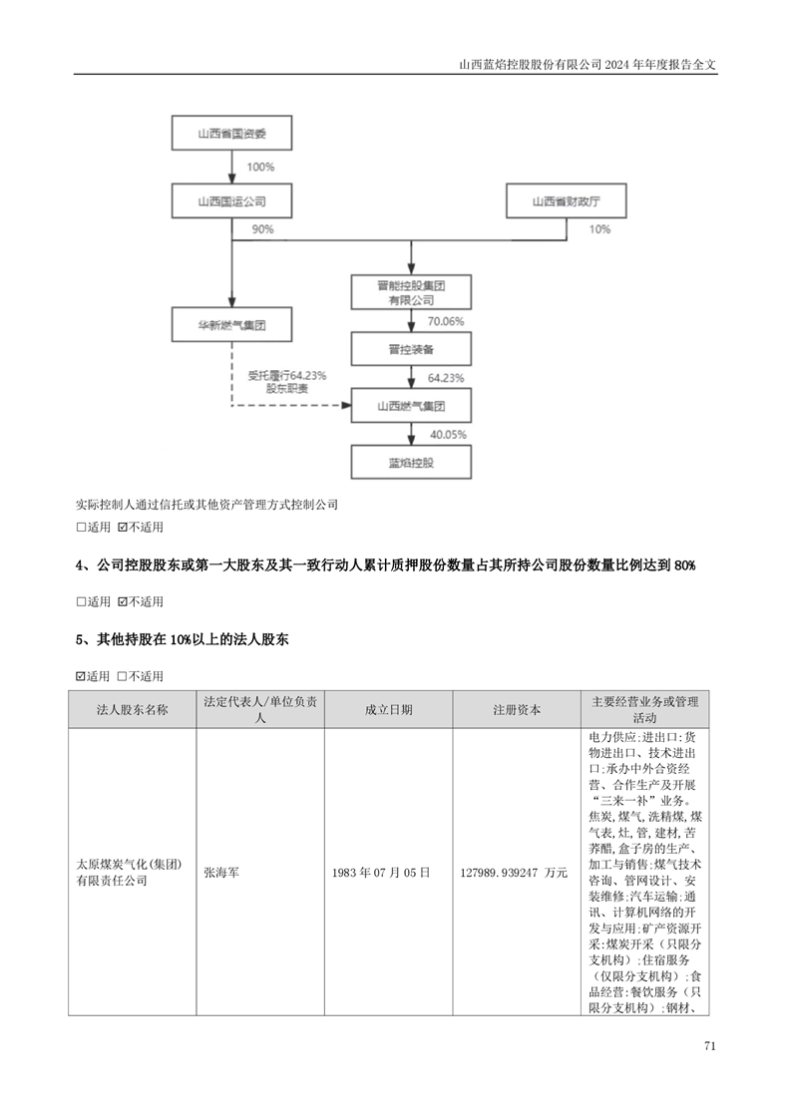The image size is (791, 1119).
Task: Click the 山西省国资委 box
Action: tap(232, 133)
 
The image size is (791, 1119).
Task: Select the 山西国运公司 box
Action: tap(232, 201)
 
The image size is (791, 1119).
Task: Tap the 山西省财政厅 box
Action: tap(567, 201)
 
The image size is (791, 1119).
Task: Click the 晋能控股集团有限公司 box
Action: tap(411, 292)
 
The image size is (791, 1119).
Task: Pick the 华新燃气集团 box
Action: tap(232, 325)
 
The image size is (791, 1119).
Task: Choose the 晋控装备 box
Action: tap(411, 350)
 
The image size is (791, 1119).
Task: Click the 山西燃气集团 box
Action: tap(411, 406)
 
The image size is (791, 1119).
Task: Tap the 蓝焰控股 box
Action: tap(411, 463)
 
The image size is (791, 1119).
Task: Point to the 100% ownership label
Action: tap(260, 167)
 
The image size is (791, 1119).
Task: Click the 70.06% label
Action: tap(446, 322)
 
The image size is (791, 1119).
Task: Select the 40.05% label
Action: tap(448, 435)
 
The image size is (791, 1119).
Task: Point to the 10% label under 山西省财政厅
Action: tap(599, 229)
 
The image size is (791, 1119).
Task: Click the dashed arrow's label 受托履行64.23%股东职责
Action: tap(287, 382)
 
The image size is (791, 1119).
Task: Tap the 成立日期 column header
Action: tap(388, 709)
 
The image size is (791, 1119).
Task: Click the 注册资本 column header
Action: tap(517, 709)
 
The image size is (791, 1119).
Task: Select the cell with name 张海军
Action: tap(221, 872)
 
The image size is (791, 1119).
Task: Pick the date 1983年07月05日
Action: tap(381, 872)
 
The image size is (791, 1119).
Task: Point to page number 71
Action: tap(709, 1046)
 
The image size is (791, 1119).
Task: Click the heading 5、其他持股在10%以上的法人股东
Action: tap(183, 639)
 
